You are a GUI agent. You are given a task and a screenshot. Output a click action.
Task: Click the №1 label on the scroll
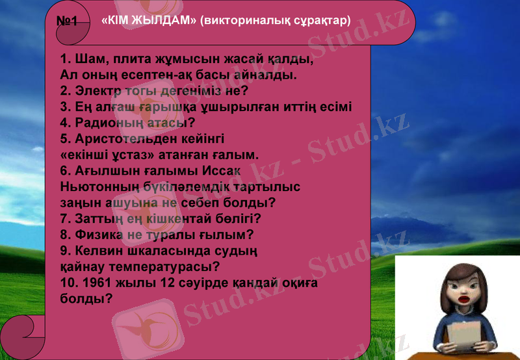pyautogui.click(x=67, y=21)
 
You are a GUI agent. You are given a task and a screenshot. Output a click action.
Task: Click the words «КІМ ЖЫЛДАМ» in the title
pyautogui.click(x=149, y=20)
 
